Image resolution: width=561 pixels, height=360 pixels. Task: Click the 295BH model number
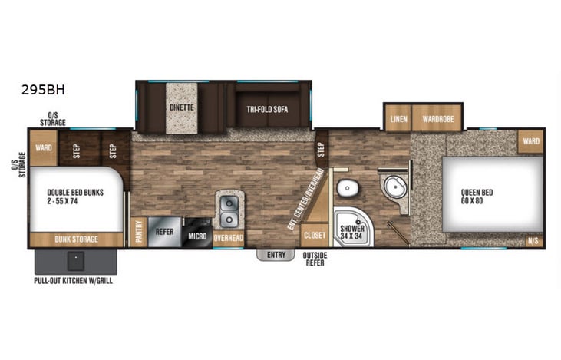pos(44,89)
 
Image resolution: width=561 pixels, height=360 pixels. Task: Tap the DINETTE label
pos(181,107)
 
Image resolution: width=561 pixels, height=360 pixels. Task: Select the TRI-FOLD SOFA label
pos(268,107)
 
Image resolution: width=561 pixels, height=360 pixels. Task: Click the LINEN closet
pos(398,119)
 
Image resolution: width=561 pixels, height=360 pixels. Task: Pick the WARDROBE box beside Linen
pos(437,119)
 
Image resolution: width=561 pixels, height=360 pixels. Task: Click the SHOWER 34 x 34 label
pos(352,232)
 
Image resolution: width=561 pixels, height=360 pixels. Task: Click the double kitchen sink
pos(229,206)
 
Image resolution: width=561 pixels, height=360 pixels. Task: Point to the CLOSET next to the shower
pos(314,234)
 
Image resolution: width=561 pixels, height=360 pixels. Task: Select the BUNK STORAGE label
pos(76,239)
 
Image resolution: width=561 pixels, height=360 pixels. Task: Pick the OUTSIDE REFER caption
pos(315,259)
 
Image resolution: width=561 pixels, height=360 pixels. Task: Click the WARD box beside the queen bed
pos(531,141)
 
